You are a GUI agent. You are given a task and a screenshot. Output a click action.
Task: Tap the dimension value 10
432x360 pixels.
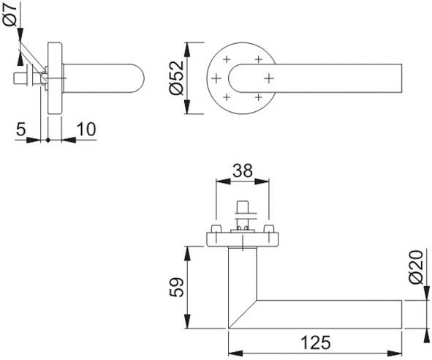pyautogui.click(x=86, y=129)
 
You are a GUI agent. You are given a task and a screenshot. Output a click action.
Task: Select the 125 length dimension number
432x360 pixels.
pyautogui.click(x=315, y=342)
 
